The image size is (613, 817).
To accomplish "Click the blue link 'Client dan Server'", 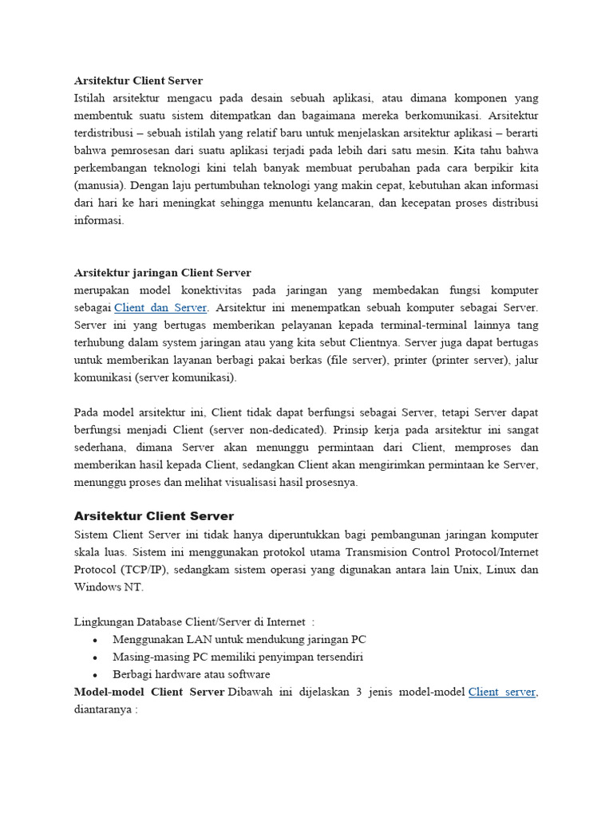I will tap(160, 307).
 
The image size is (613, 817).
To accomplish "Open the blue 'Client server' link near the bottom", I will tap(502, 692).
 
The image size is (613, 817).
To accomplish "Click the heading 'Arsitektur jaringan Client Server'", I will tap(162, 273).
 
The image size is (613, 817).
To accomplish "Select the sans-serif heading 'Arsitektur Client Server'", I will tap(154, 516).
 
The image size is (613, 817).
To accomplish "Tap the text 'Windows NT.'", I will tap(109, 587).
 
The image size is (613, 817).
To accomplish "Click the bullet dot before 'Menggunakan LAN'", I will tap(95, 640).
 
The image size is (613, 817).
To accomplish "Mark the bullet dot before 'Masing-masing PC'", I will tap(95, 657).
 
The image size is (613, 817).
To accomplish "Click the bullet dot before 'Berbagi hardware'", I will tap(95, 675).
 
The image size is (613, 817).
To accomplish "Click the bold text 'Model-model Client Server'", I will tap(148, 692).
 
